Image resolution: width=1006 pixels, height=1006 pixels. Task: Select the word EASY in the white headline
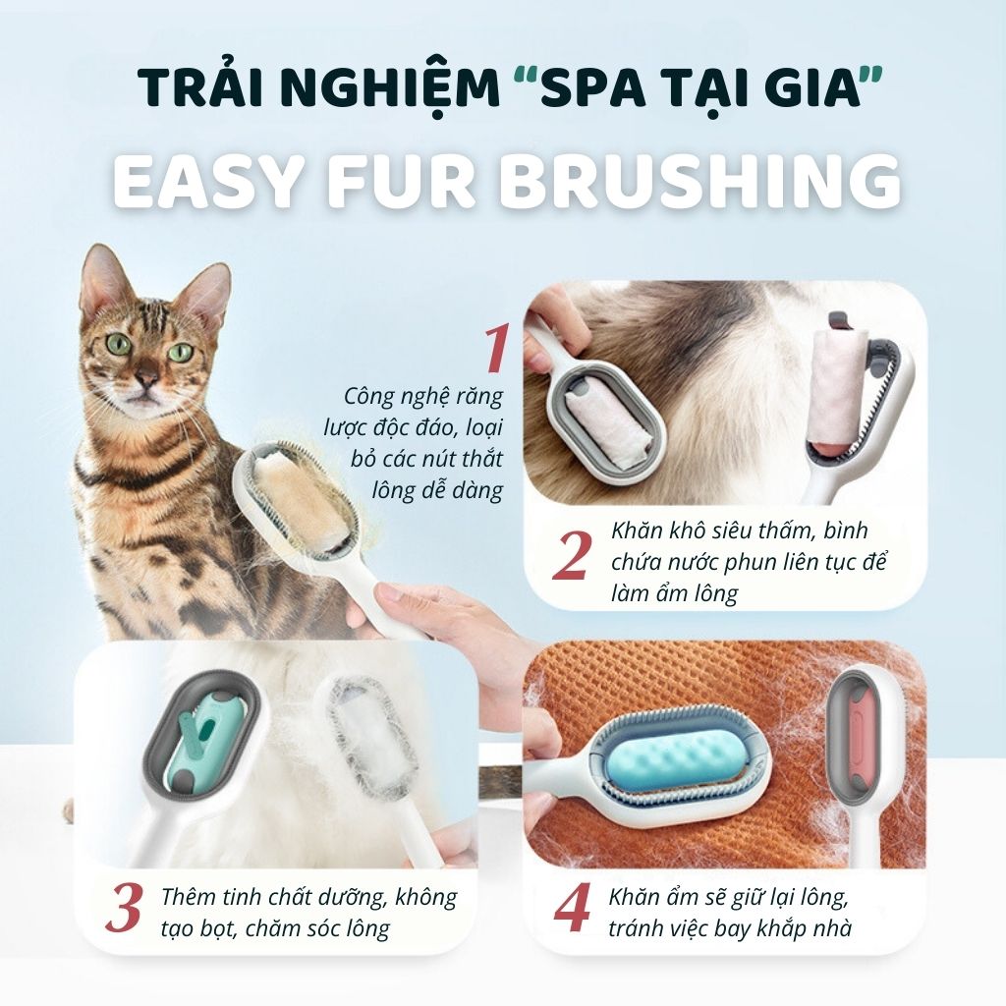pyautogui.click(x=208, y=181)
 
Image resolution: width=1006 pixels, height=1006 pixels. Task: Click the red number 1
pyautogui.click(x=495, y=349)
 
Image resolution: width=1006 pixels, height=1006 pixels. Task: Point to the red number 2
pyautogui.click(x=571, y=556)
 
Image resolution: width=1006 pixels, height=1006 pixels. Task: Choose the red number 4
pyautogui.click(x=572, y=908)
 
